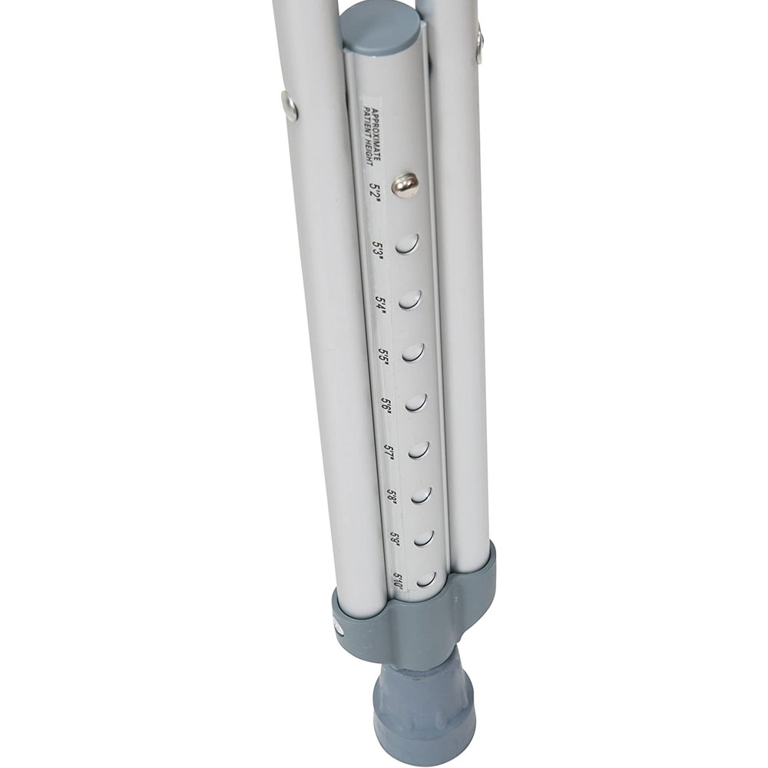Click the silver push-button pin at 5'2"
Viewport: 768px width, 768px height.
click(x=406, y=184)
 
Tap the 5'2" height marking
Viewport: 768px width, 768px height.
click(x=376, y=189)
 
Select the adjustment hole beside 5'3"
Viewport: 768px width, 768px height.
click(x=408, y=244)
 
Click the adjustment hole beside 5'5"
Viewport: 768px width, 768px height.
click(x=413, y=353)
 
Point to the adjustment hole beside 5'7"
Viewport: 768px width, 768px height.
click(x=418, y=449)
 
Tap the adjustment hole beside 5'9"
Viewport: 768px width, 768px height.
click(x=423, y=538)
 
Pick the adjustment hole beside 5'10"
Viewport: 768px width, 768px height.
click(x=425, y=578)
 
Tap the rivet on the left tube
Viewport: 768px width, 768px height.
click(x=290, y=105)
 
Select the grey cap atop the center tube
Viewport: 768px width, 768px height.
click(x=381, y=27)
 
